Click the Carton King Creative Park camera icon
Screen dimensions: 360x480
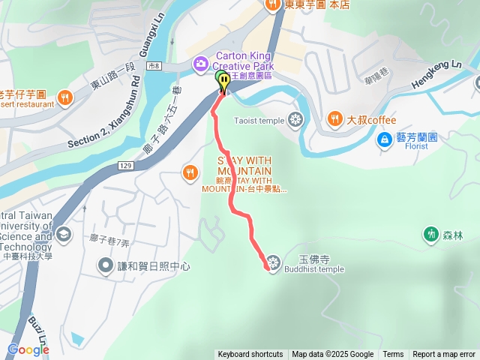200,65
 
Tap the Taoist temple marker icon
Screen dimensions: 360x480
296,119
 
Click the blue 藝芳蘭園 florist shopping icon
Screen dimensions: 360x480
384,139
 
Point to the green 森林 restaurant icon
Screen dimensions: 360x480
431,235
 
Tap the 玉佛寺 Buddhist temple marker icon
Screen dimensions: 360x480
274,262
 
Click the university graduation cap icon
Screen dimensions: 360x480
63,235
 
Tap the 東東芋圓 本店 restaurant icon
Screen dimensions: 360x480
271,4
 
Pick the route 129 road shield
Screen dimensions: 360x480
124,164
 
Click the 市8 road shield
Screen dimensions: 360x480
154,67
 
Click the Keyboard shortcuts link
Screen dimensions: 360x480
250,355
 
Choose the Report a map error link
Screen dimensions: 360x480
444,355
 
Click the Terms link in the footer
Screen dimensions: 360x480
393,355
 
